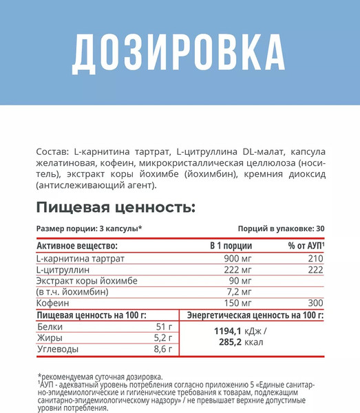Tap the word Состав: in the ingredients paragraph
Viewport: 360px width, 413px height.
pyautogui.click(x=51, y=151)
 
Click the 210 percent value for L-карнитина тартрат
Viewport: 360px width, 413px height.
pyautogui.click(x=316, y=258)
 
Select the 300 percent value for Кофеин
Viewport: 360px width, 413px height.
pyautogui.click(x=316, y=304)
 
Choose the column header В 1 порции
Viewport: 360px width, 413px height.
pyautogui.click(x=231, y=246)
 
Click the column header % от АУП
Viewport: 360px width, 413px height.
pyautogui.click(x=307, y=246)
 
